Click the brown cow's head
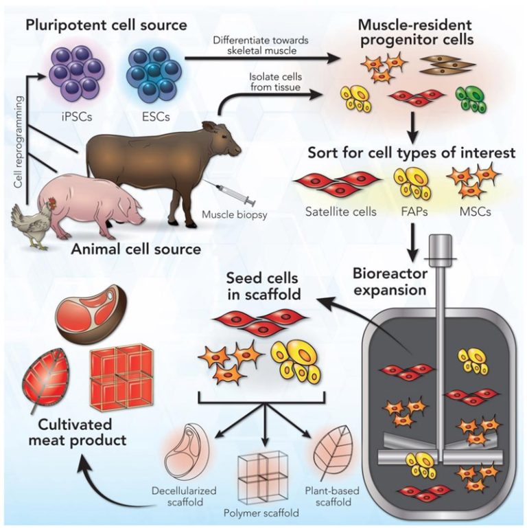pos(226,140)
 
